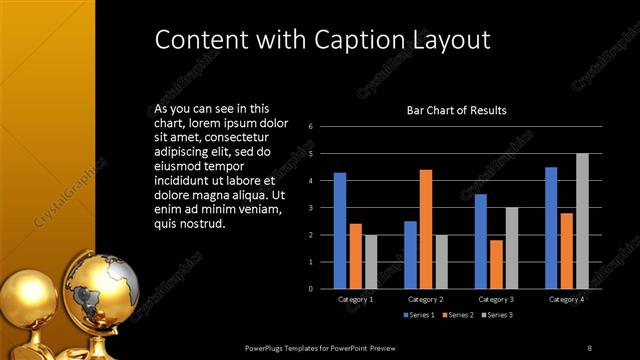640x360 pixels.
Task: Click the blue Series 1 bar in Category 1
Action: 340,231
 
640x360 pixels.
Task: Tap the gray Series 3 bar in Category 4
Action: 581,221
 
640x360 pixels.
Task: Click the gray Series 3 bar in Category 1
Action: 371,262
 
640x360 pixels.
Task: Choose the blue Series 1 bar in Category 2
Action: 410,255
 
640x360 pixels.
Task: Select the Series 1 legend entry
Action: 419,315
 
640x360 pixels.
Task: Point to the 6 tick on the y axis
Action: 311,127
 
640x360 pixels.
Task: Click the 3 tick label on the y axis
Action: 311,208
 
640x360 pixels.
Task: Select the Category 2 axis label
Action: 426,299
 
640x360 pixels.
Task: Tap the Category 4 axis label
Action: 567,299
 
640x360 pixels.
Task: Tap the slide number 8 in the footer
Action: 589,347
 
